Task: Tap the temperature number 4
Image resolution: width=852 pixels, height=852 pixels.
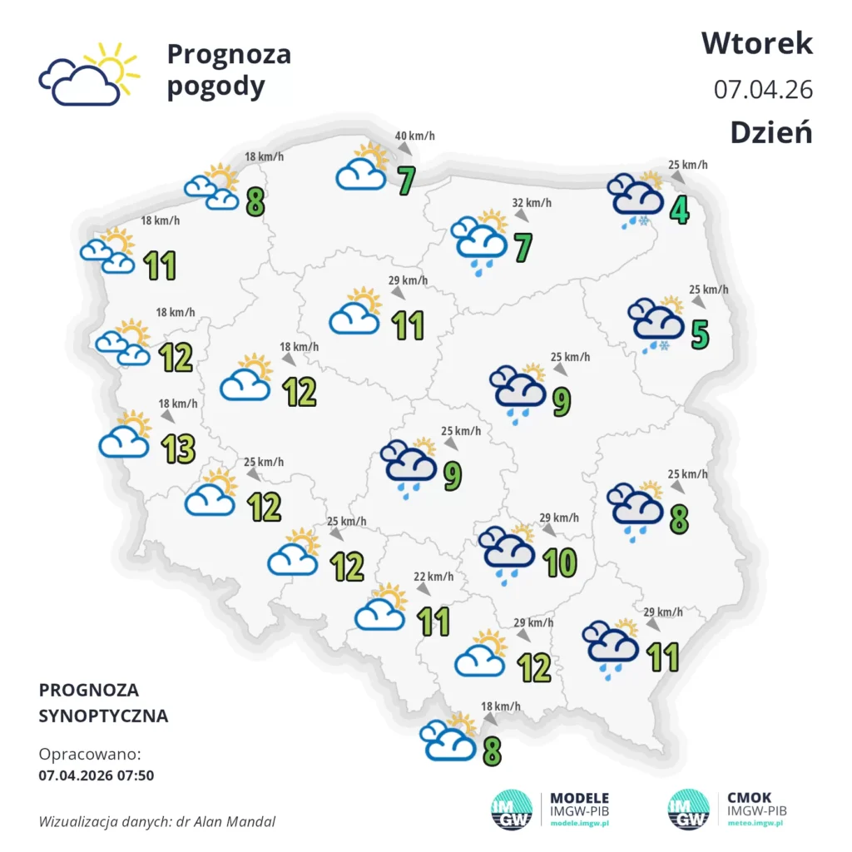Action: [x=680, y=210]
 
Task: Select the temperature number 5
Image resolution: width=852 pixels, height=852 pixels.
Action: [x=700, y=334]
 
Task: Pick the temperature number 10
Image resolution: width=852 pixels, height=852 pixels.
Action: [x=560, y=563]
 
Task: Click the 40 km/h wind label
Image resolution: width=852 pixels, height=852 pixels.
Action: [x=414, y=136]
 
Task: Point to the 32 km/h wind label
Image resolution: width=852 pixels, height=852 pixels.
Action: [x=531, y=202]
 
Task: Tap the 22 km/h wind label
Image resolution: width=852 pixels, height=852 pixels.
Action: [x=434, y=577]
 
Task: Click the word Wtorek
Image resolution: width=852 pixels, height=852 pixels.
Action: [x=756, y=43]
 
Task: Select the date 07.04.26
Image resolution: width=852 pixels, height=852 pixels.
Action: [x=763, y=89]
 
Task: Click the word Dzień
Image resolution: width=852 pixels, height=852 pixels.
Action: [x=771, y=132]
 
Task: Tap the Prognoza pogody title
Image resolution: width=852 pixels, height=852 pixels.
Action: [x=229, y=70]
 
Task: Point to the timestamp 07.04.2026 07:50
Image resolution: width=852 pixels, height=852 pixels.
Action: [x=97, y=775]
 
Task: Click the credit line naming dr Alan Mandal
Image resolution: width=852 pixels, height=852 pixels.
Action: [x=157, y=821]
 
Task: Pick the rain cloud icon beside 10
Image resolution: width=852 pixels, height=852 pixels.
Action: [x=508, y=552]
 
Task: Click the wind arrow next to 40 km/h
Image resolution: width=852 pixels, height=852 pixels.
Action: [x=404, y=148]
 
